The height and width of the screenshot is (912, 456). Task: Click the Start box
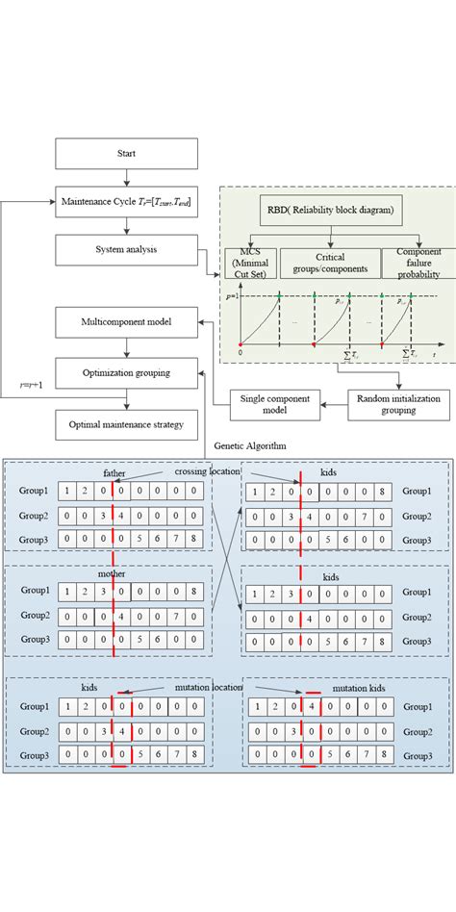[x=127, y=154]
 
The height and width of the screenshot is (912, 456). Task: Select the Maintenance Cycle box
[x=127, y=202]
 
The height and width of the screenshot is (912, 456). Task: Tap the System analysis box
[x=127, y=250]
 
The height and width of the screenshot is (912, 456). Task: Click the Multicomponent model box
[x=127, y=321]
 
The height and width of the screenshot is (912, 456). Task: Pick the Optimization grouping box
[x=127, y=370]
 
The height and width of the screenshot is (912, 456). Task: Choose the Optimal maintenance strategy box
[x=127, y=422]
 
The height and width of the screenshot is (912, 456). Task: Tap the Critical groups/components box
[x=329, y=263]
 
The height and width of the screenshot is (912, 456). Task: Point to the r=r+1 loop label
[x=32, y=384]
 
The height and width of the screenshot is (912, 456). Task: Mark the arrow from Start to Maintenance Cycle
[x=127, y=178]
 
